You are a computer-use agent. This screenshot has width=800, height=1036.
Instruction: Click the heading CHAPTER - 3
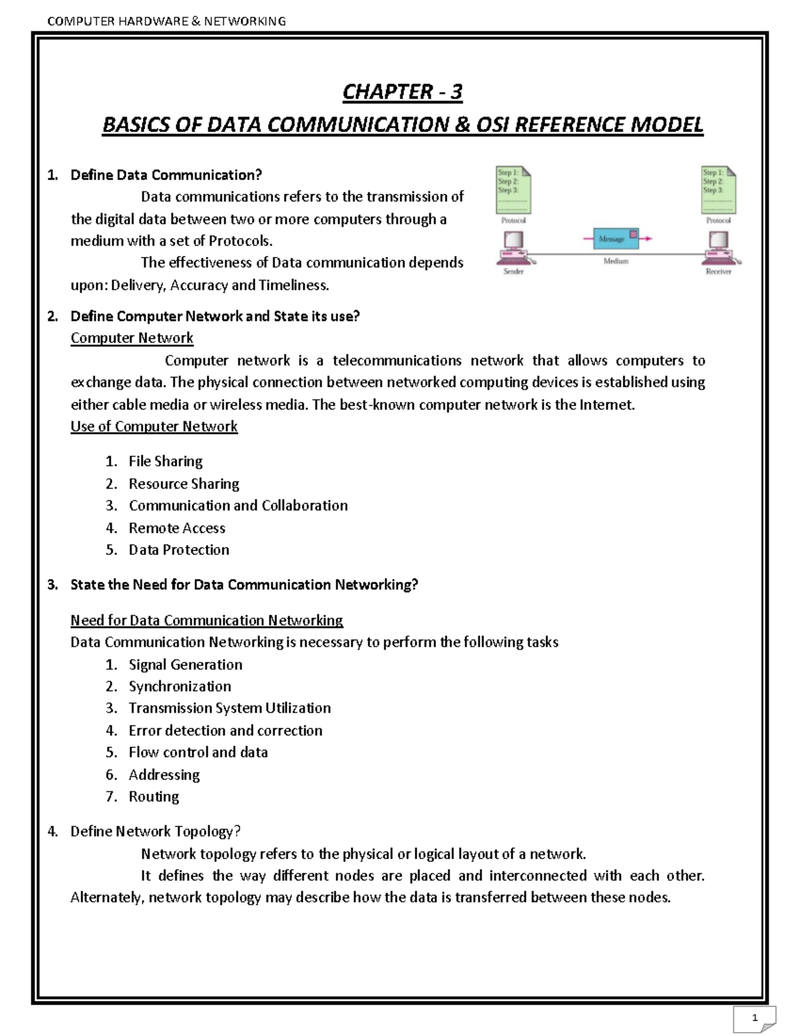[x=402, y=91]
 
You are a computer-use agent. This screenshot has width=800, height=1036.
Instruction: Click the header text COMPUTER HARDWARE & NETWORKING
[x=167, y=21]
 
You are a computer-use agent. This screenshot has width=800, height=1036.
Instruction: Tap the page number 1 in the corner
[x=755, y=1017]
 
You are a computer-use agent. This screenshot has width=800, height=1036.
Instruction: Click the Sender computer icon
[x=513, y=246]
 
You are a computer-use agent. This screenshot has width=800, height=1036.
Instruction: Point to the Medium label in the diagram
[x=616, y=261]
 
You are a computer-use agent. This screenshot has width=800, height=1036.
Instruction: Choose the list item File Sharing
[x=165, y=461]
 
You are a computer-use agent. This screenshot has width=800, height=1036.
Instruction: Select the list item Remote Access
[x=177, y=528]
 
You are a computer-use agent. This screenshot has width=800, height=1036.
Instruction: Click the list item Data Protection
[x=179, y=550]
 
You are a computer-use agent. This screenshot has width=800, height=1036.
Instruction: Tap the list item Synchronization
[x=179, y=686]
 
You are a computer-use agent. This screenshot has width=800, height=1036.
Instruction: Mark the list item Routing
[x=153, y=796]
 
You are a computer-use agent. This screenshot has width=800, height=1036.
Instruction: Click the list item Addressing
[x=164, y=774]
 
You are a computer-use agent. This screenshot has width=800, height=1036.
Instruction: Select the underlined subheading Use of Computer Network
[x=154, y=426]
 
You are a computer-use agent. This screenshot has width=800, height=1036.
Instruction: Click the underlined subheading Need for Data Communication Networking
[x=207, y=620]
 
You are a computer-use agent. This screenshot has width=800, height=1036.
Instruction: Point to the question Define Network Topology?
[x=155, y=831]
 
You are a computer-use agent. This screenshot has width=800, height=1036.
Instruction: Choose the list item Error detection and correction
[x=225, y=730]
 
